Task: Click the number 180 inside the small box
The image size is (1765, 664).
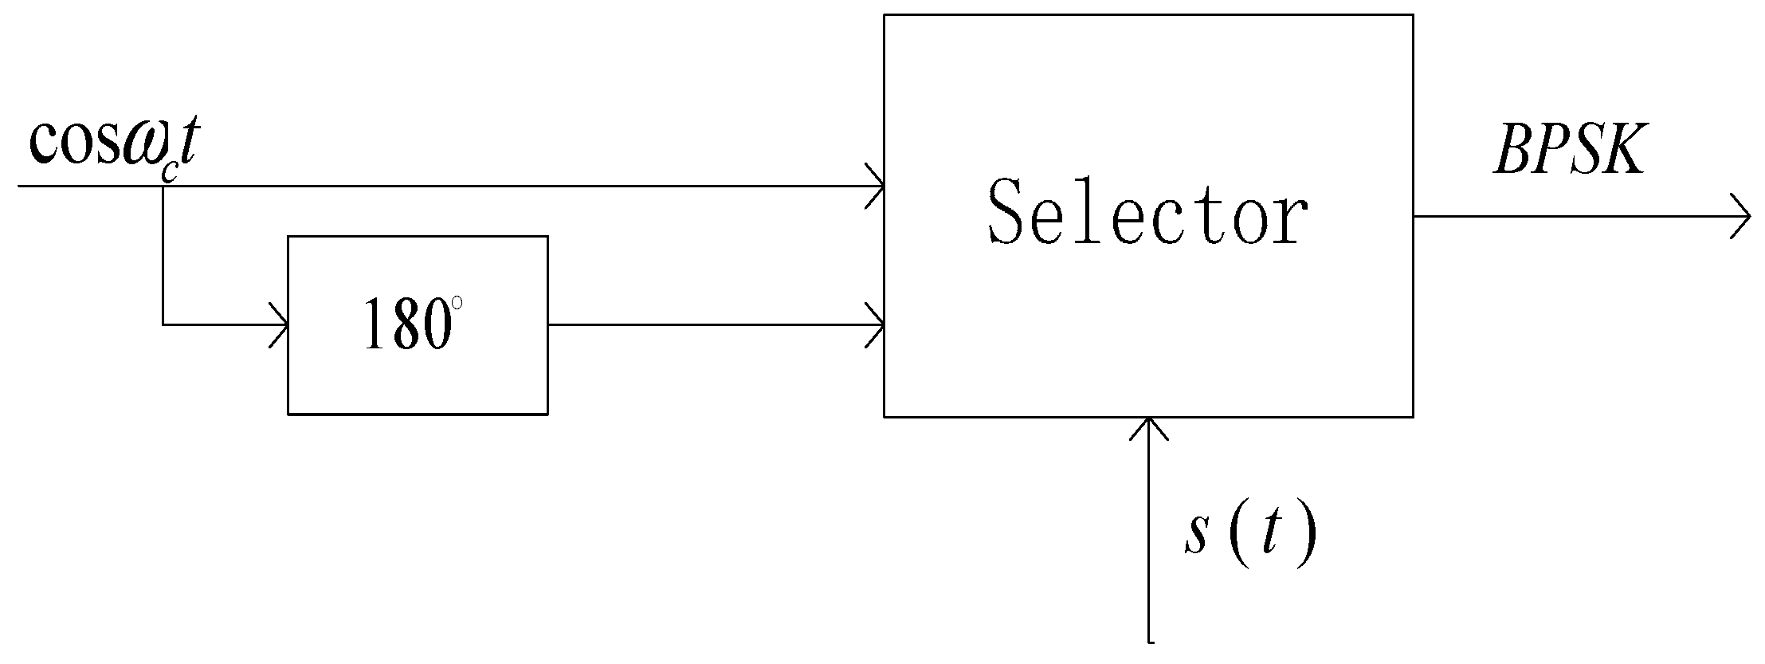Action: (402, 324)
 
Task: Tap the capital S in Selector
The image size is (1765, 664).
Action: (1012, 212)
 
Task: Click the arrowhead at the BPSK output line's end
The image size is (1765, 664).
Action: (1741, 216)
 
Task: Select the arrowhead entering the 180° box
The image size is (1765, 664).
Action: (280, 325)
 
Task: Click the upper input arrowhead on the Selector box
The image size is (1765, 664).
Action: (876, 187)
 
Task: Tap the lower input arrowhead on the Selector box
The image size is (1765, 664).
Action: (876, 325)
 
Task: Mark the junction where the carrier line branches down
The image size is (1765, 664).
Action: (163, 187)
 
